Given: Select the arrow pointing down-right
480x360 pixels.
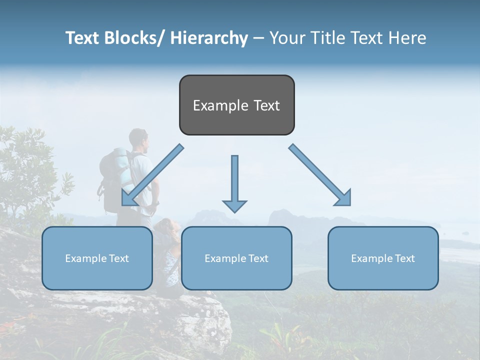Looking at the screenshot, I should click(x=320, y=175).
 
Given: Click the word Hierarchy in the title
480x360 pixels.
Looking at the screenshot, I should click(x=209, y=38).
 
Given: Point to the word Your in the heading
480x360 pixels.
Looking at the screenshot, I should click(x=286, y=38).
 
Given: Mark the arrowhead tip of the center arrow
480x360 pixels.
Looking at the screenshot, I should click(x=234, y=212).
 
